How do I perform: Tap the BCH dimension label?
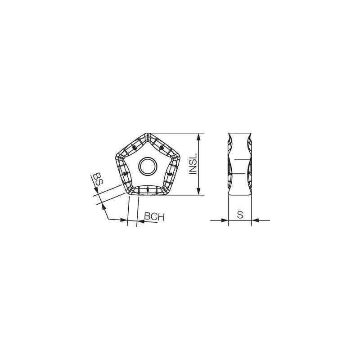point(154,217)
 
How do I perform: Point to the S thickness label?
point(240,215)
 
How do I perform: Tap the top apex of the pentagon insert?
point(148,134)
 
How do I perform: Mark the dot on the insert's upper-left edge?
point(134,148)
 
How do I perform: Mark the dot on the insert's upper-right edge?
point(161,148)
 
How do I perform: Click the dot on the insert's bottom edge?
point(148,189)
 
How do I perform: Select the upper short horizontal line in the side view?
point(242,159)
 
